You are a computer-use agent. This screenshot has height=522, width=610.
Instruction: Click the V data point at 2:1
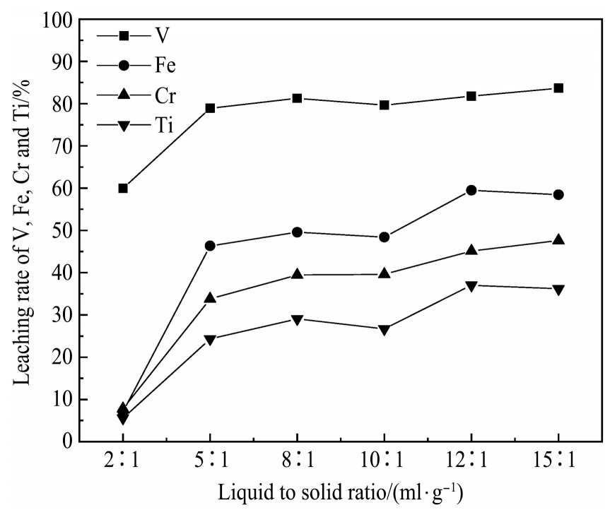(x=123, y=189)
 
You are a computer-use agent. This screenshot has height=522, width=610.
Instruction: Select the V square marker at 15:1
(x=558, y=88)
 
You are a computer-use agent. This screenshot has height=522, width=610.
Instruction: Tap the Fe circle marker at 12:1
(x=471, y=190)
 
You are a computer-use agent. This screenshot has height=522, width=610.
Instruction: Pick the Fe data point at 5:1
(x=210, y=246)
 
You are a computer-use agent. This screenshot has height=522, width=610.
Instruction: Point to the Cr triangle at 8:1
(x=298, y=274)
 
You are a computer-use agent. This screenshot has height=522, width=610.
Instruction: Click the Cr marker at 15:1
(x=558, y=240)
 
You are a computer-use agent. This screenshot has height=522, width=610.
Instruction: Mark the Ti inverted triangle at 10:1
(x=385, y=330)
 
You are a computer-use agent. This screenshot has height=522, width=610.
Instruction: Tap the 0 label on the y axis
(x=68, y=441)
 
